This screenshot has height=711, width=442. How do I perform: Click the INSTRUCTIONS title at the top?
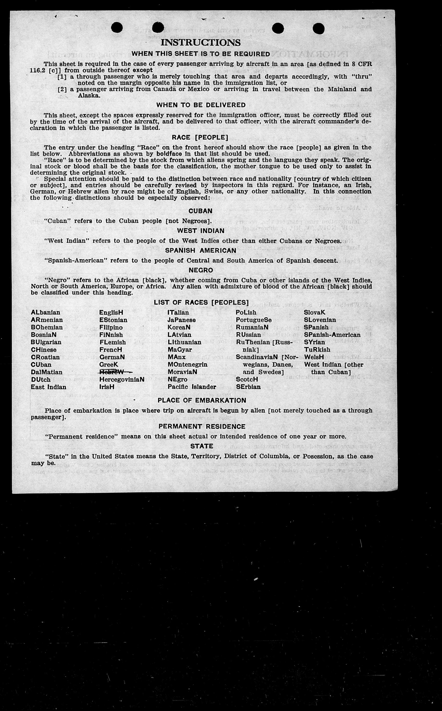click(x=200, y=43)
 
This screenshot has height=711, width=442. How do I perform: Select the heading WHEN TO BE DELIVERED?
click(x=201, y=105)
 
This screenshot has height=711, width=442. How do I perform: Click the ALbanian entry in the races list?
click(x=46, y=312)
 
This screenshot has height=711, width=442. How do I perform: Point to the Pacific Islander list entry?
click(x=192, y=387)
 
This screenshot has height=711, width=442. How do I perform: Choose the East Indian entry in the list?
click(x=48, y=387)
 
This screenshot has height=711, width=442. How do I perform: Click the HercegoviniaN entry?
click(x=122, y=379)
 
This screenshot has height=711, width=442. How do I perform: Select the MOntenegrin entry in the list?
click(x=187, y=365)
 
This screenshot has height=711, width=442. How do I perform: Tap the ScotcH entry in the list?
click(x=247, y=379)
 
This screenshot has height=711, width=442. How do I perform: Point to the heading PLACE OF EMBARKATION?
click(x=202, y=400)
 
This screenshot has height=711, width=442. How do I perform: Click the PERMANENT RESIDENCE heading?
click(x=202, y=427)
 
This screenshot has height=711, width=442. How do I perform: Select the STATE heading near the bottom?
click(x=201, y=446)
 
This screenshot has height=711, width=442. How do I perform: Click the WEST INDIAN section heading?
click(x=200, y=231)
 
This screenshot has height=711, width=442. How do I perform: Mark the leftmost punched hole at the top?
click(x=117, y=28)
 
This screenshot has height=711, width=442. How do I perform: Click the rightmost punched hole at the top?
click(x=318, y=29)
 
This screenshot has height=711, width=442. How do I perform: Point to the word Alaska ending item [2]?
click(x=89, y=95)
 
